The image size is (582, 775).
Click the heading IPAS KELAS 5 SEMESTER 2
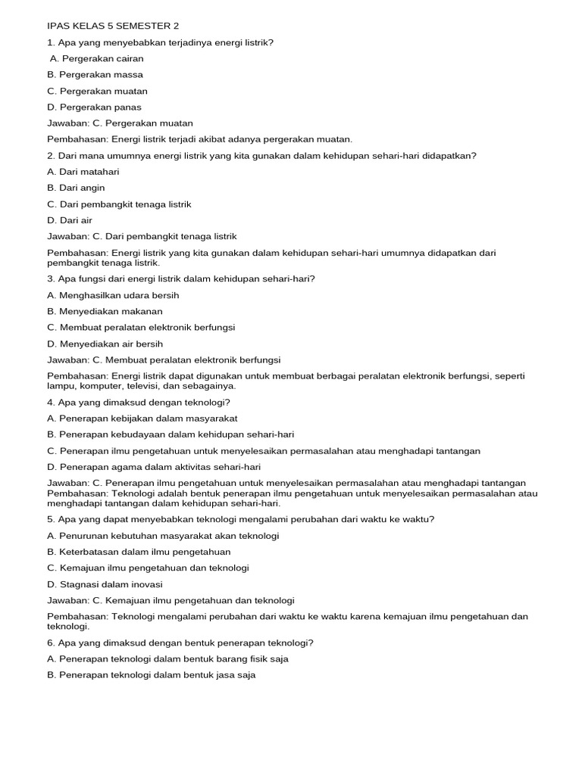[113, 26]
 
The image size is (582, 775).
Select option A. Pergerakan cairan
[96, 58]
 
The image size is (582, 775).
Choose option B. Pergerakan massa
[95, 75]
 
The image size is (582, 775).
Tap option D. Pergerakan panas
[94, 107]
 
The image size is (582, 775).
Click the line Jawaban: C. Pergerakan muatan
[120, 123]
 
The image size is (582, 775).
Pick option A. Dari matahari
[83, 172]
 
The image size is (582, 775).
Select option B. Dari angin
[76, 188]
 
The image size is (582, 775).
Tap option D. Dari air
[69, 220]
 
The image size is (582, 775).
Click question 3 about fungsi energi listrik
[180, 279]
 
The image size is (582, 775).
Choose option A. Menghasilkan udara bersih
[113, 295]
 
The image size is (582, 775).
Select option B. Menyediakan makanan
[105, 311]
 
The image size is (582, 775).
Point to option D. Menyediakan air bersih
[105, 344]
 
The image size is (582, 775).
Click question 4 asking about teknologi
[139, 402]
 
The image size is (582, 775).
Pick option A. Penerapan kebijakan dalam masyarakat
[142, 418]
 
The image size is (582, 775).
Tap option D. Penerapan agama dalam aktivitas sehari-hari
[154, 466]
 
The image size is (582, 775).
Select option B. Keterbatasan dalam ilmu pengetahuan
[139, 552]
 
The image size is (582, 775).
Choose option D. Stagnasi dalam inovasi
[105, 584]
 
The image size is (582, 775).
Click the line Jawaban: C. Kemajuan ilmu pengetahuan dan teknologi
[171, 600]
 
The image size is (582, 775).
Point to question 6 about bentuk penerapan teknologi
[180, 643]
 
